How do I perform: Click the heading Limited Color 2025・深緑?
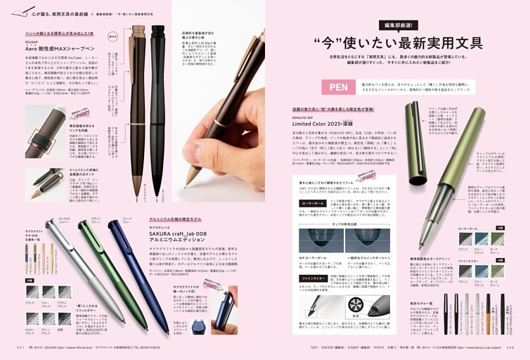(x=329, y=123)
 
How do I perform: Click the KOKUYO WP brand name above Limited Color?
(x=311, y=117)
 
